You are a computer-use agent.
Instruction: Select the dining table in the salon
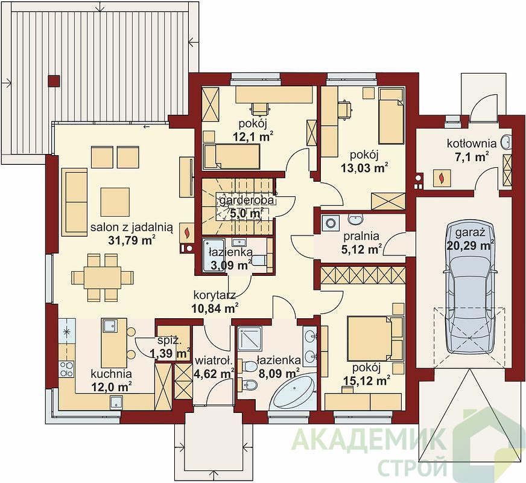point(103,277)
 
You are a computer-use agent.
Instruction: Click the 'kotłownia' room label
point(471,144)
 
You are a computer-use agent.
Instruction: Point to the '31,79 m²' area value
point(131,240)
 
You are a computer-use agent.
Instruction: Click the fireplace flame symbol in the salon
point(186,232)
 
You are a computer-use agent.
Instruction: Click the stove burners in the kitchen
point(66,369)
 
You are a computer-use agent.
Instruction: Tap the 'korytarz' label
point(215,295)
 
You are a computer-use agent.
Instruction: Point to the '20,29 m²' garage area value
point(471,245)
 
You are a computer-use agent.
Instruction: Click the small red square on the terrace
point(54,81)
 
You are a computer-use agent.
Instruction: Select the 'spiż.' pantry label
point(170,341)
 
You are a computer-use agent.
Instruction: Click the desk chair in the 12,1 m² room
point(261,109)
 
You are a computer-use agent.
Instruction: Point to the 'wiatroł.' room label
point(214,362)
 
